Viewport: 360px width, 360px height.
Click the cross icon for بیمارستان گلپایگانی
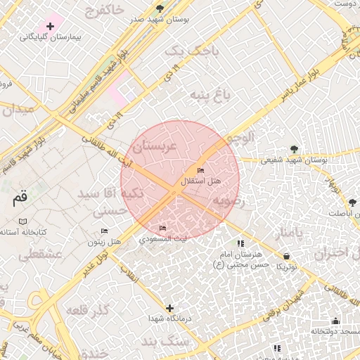click(50, 26)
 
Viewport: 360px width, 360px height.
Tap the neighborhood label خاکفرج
click(103, 10)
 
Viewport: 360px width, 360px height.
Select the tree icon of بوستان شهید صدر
click(161, 8)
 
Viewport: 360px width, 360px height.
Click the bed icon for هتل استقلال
click(201, 170)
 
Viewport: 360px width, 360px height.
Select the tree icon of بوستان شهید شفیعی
click(293, 148)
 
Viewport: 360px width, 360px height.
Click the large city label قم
click(19, 199)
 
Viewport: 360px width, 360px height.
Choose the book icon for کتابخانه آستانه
click(23, 221)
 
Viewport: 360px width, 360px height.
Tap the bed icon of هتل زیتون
click(105, 231)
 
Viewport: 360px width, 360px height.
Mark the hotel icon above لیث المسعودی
click(163, 228)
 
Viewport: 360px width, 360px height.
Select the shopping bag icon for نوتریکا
click(286, 256)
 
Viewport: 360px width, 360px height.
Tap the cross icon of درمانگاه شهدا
click(169, 308)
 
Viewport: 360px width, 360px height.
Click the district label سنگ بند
click(165, 341)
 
